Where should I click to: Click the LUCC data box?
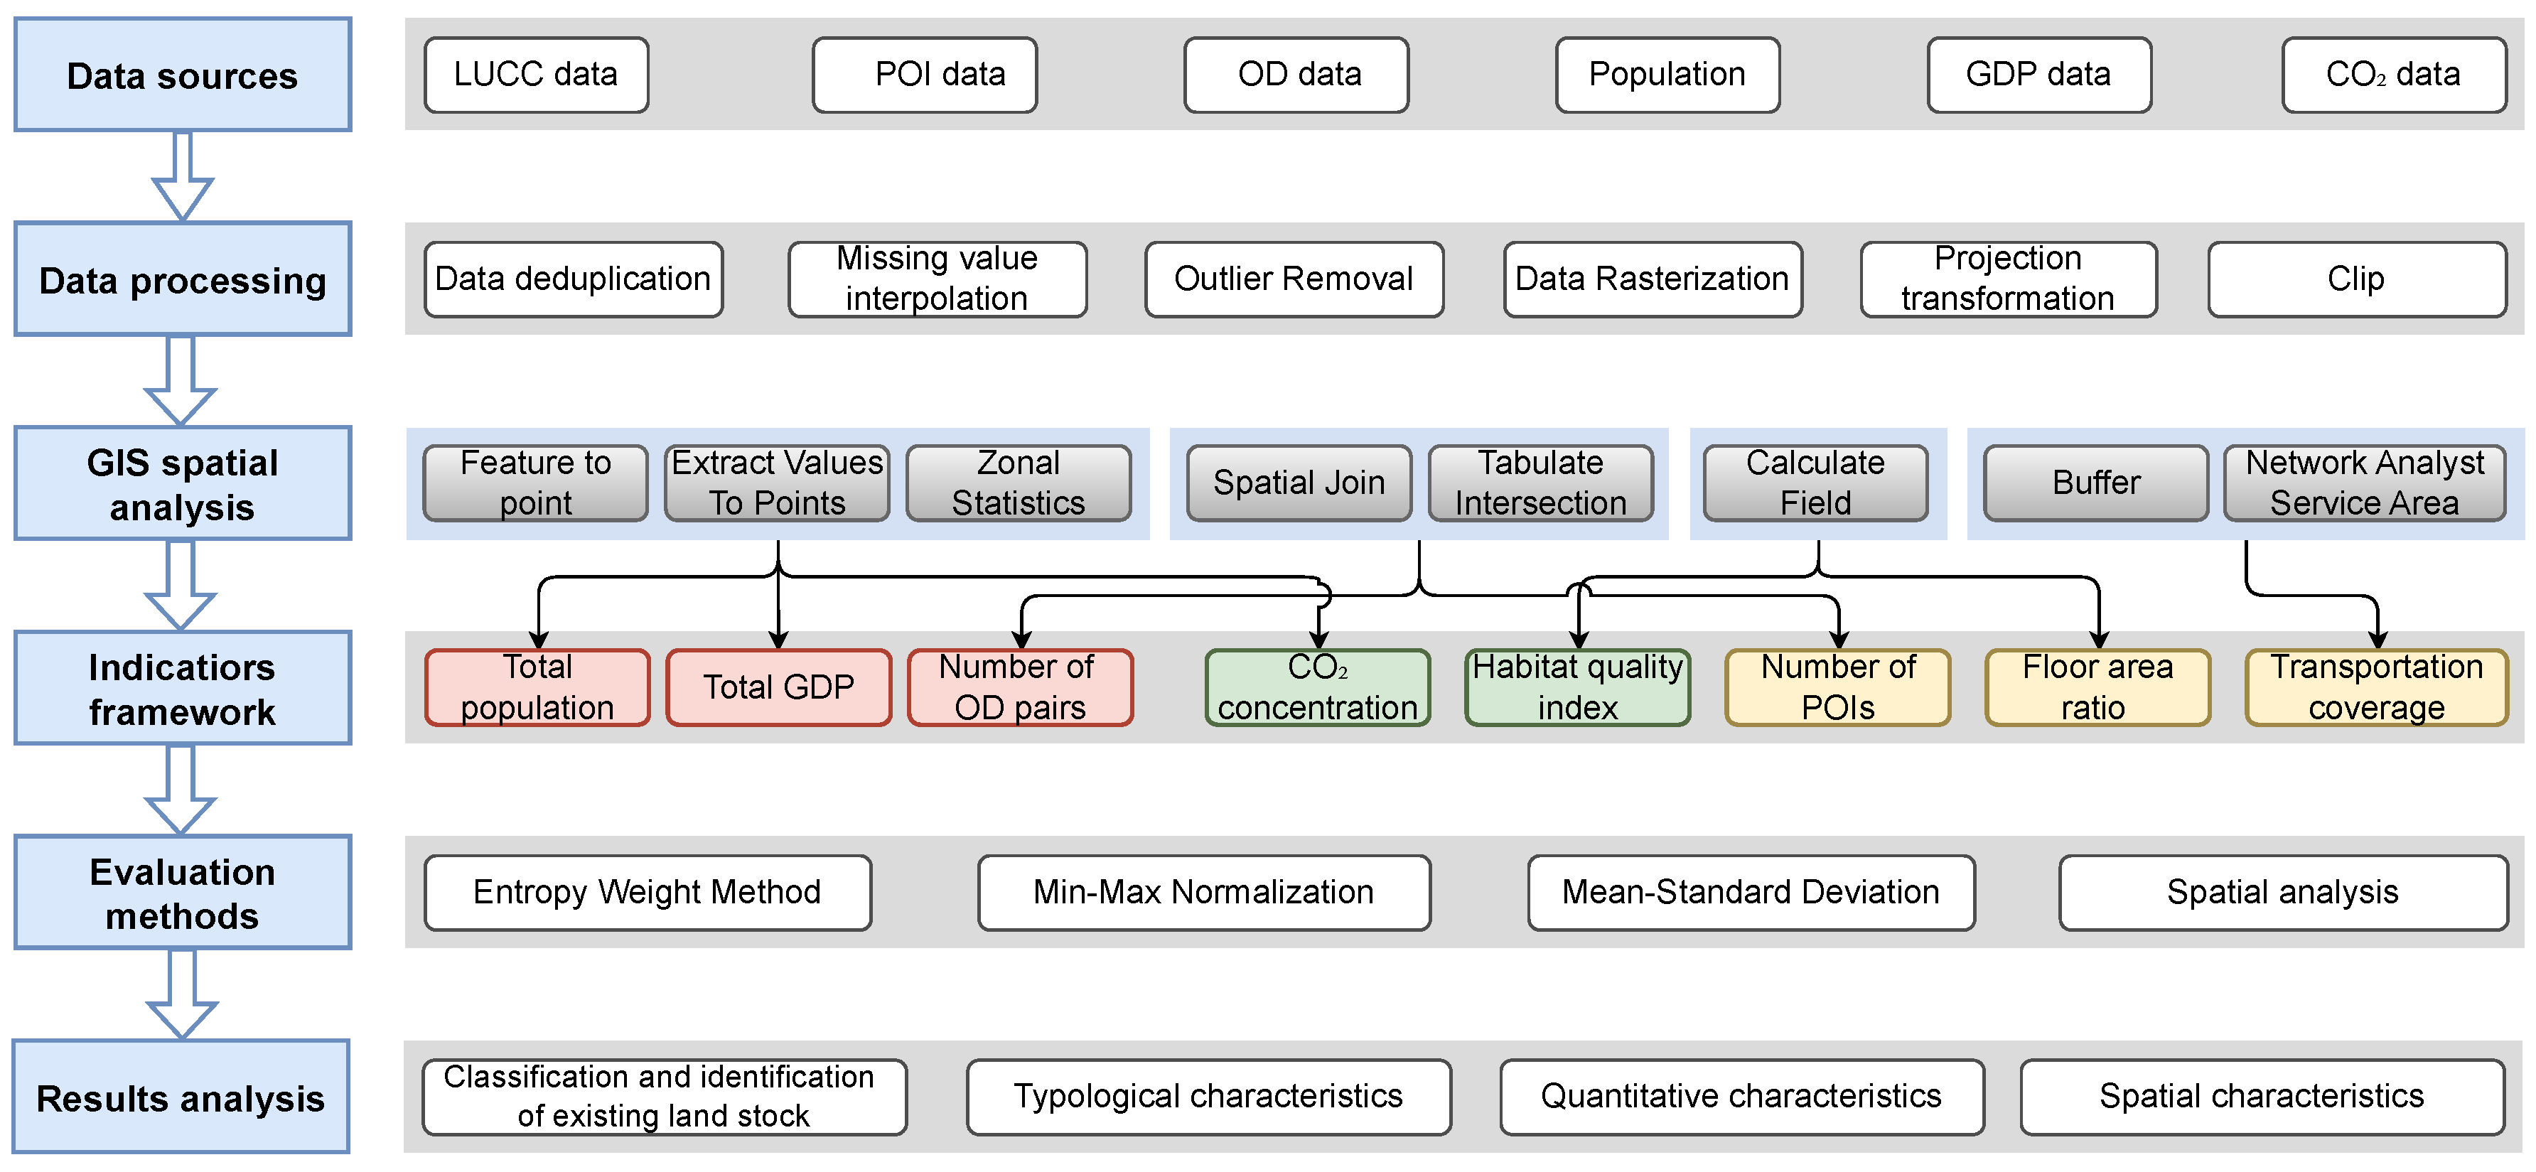(535, 75)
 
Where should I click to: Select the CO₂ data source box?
(2393, 75)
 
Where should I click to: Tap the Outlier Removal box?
(1294, 279)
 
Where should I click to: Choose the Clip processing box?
(2356, 279)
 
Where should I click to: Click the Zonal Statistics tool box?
(1018, 483)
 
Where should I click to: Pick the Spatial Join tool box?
(1299, 483)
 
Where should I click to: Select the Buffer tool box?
(2096, 483)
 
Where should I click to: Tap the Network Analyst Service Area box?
(2364, 483)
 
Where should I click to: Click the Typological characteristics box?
(1208, 1096)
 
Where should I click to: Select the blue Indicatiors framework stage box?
(182, 688)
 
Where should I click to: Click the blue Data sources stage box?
(182, 75)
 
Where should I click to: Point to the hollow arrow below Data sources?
(182, 177)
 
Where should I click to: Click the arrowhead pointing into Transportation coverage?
(2377, 640)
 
